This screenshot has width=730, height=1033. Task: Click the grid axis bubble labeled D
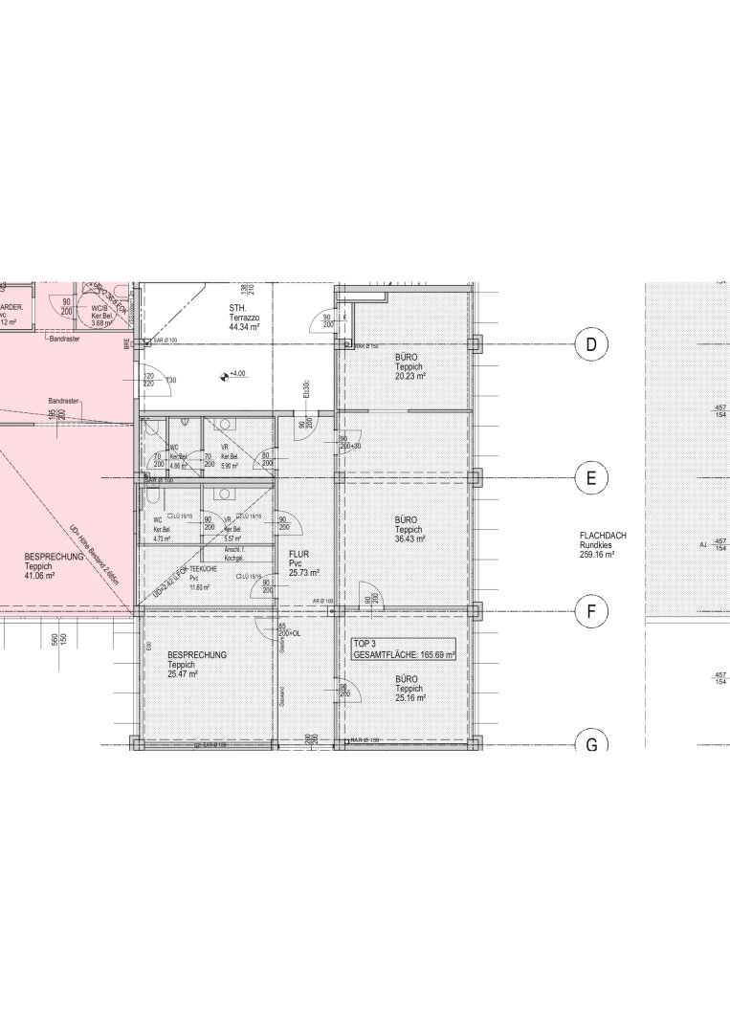coord(591,344)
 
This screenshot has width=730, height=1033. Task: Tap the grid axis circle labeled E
coord(591,478)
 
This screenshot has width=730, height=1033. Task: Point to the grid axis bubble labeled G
coord(591,743)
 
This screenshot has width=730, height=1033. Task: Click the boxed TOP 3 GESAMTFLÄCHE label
coord(404,648)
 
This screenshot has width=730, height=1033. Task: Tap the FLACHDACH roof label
coord(603,536)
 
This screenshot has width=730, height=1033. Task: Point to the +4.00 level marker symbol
coord(224,374)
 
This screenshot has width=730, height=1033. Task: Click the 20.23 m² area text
coord(409,376)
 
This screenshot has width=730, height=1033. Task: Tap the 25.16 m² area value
coord(409,698)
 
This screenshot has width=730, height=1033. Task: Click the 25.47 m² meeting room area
coord(182,674)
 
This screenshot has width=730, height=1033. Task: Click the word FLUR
coord(298,554)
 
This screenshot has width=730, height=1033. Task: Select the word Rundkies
coord(596,545)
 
